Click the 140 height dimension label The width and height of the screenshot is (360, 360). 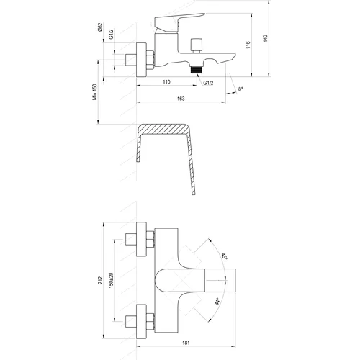point(265,38)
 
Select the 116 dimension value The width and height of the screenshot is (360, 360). point(248,45)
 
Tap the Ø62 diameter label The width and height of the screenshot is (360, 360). point(100,27)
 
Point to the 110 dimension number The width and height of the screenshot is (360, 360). point(166,82)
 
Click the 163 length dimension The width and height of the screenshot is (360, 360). point(181,99)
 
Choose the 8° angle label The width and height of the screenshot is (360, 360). point(240,89)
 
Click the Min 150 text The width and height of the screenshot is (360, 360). point(95,92)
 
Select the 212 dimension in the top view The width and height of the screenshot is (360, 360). point(100,280)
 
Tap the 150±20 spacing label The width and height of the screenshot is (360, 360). point(112,280)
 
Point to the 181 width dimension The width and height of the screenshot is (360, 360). point(186,343)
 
